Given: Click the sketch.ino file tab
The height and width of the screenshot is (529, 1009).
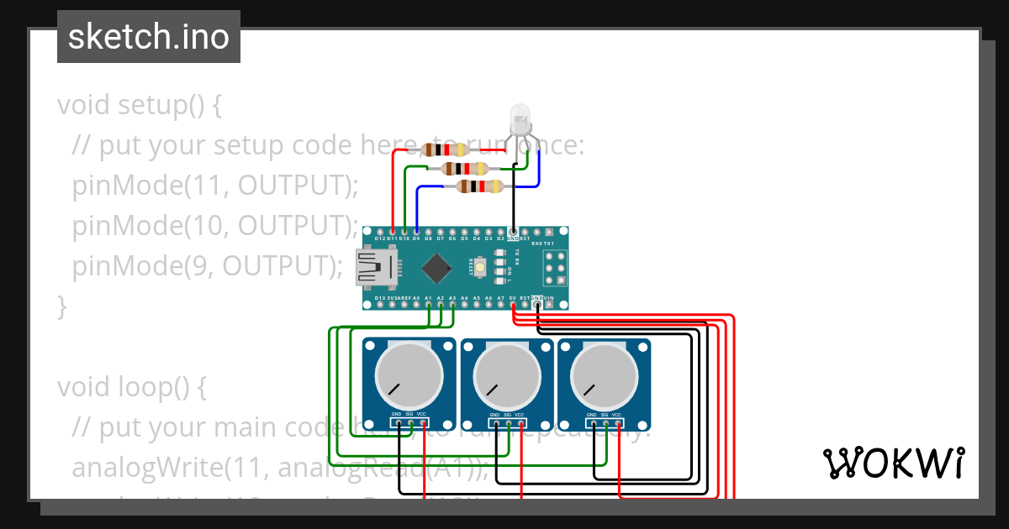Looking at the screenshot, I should tap(149, 37).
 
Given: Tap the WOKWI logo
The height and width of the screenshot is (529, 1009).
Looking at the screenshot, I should tap(893, 463).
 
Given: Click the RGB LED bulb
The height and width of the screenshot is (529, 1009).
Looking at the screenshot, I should tap(520, 118).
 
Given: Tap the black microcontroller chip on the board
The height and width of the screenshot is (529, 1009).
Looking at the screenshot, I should tap(437, 268).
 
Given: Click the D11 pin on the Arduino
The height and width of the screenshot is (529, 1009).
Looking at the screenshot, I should tap(393, 231).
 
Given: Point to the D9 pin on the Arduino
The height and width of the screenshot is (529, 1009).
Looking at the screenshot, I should tap(416, 231).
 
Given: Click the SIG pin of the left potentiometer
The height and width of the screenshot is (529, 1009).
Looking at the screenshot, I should tap(409, 422).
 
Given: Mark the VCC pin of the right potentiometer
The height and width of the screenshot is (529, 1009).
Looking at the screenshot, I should tap(617, 422).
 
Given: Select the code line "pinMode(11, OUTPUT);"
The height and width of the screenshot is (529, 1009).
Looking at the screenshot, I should tap(215, 186).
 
